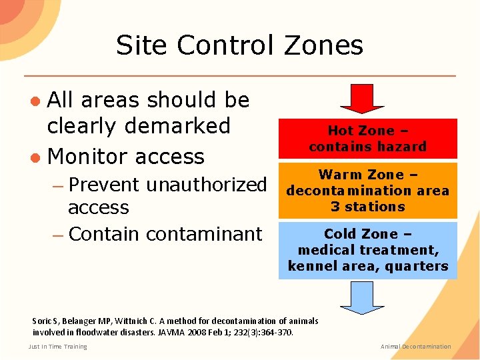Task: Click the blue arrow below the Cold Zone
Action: pyautogui.click(x=362, y=296)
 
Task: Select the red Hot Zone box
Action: pyautogui.click(x=367, y=139)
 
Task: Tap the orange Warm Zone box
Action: pyautogui.click(x=367, y=190)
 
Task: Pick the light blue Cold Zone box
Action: pyautogui.click(x=367, y=250)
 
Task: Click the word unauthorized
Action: pyautogui.click(x=206, y=184)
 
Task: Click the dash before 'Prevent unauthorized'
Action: pyautogui.click(x=58, y=185)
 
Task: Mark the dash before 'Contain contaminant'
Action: pyautogui.click(x=58, y=235)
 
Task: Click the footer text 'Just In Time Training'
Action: pyautogui.click(x=57, y=346)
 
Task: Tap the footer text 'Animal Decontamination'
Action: pyautogui.click(x=415, y=346)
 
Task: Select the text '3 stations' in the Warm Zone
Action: pyautogui.click(x=367, y=207)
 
